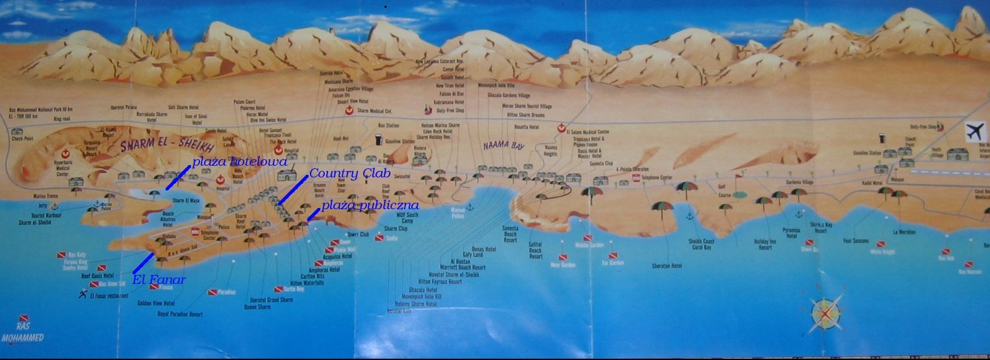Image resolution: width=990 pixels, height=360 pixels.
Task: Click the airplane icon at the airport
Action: [974, 131]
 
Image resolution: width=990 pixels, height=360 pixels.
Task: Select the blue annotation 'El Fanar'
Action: [159, 281]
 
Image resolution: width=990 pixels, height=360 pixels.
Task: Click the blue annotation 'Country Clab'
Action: [349, 174]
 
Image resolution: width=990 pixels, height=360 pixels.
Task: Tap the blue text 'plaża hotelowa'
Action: [240, 160]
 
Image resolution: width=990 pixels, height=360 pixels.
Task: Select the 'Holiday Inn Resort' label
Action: [765, 244]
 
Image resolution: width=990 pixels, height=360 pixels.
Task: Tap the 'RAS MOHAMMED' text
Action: [23, 333]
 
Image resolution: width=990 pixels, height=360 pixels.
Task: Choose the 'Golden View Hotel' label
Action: [156, 303]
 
